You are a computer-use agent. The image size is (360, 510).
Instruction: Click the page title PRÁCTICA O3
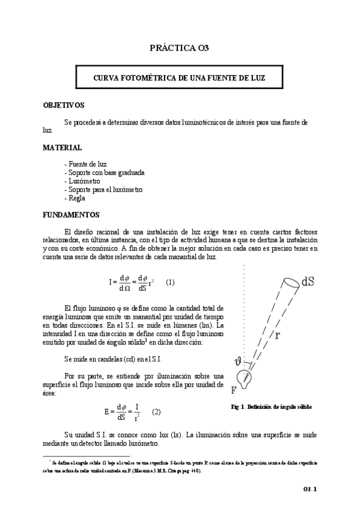[x=179, y=48]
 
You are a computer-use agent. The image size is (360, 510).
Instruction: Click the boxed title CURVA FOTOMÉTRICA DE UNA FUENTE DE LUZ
[x=180, y=79]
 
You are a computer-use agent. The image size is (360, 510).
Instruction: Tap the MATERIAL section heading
[x=63, y=147]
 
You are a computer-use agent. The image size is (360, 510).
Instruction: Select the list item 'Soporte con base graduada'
[x=103, y=172]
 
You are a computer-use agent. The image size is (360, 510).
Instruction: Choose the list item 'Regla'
[x=74, y=197]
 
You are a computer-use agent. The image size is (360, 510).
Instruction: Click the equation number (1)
[x=170, y=281]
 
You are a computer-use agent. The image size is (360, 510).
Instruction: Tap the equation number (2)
[x=156, y=412]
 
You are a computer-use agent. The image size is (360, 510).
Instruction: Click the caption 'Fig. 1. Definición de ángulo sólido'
[x=271, y=407]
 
